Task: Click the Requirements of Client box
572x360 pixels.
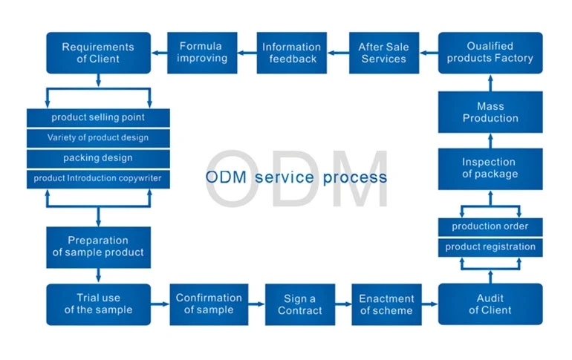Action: click(x=98, y=53)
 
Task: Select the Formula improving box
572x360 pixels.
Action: click(x=201, y=53)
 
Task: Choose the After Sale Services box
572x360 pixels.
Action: click(x=383, y=53)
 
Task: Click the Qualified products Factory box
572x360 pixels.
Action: click(x=490, y=53)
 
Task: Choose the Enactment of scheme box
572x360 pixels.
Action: click(x=386, y=304)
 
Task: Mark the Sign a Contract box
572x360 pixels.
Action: click(x=300, y=304)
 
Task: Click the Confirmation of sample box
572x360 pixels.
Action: click(x=209, y=304)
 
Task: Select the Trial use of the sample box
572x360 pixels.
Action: click(x=98, y=304)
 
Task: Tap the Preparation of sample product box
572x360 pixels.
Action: click(x=98, y=246)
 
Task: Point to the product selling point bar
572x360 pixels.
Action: click(x=98, y=118)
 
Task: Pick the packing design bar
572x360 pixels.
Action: click(x=98, y=158)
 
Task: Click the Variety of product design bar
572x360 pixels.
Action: click(x=98, y=138)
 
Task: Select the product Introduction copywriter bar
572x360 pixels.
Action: click(x=98, y=179)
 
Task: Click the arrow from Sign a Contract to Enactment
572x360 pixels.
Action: click(x=342, y=304)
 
